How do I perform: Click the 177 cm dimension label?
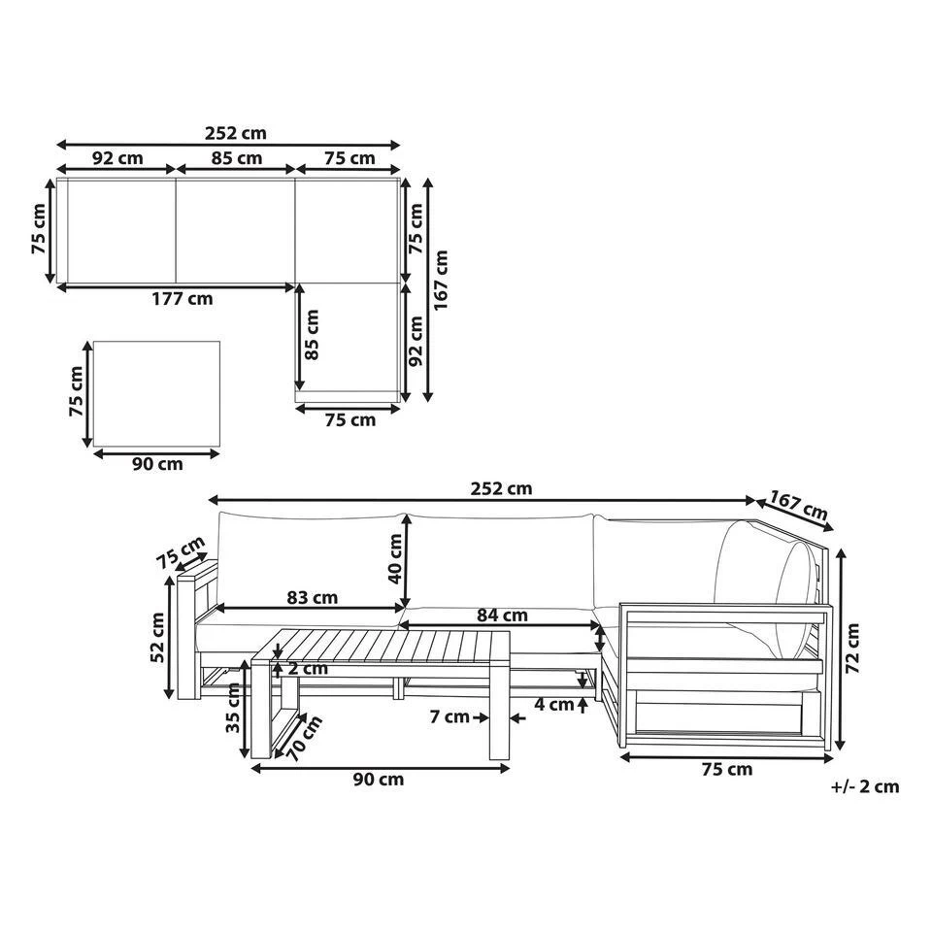pos(182,298)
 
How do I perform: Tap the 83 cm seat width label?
pos(312,597)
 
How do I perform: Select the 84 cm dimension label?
pos(502,616)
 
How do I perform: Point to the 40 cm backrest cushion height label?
pos(394,559)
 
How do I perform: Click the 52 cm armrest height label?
pos(157,638)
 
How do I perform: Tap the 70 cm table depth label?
pos(304,739)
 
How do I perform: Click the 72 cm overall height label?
pos(852,648)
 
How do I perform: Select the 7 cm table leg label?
pos(449,716)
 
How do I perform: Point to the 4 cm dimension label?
pos(554,705)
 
